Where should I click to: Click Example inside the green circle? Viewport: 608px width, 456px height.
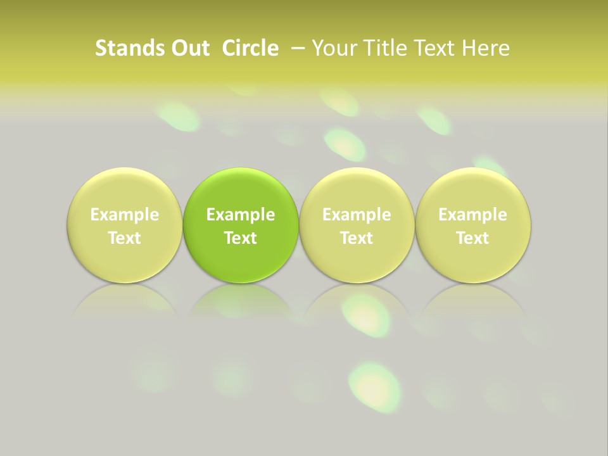[x=241, y=215]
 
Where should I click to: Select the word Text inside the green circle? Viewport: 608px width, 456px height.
[x=241, y=238]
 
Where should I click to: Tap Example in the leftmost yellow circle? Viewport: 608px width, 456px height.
[x=125, y=215]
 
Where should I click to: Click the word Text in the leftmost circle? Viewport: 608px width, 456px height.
[x=125, y=238]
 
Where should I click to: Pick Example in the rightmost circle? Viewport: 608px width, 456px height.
[x=473, y=215]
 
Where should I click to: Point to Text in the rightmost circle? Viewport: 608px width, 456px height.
[x=473, y=238]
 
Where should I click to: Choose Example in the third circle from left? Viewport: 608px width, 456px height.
[x=357, y=215]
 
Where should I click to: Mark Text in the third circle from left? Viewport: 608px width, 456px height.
[x=357, y=238]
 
